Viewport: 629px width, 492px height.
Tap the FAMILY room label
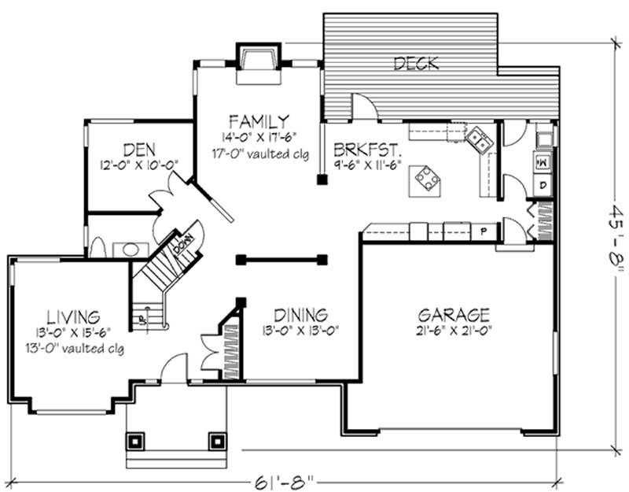pyautogui.click(x=256, y=120)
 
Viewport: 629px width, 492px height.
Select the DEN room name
pyautogui.click(x=138, y=148)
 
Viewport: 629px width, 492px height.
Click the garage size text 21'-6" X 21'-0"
pyautogui.click(x=454, y=331)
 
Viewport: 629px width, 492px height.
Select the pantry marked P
pyautogui.click(x=484, y=231)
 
